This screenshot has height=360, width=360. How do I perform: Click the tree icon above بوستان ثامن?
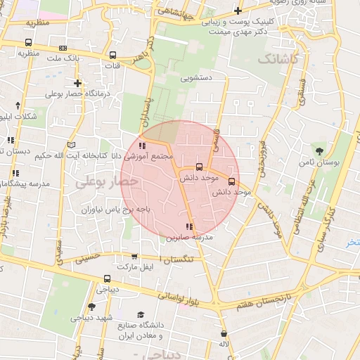[320, 150]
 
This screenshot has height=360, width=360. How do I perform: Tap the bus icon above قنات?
[112, 55]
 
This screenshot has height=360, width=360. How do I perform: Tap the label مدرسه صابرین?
[188, 238]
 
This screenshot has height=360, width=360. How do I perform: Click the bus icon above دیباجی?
[106, 278]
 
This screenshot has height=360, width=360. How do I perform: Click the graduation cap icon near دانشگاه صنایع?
[141, 315]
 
